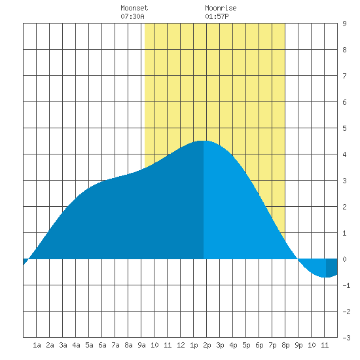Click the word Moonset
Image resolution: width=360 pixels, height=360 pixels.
point(134,9)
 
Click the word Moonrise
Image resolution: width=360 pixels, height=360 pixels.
point(221,9)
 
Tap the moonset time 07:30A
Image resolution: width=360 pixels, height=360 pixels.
point(132,16)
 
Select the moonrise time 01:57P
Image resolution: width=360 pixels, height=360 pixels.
point(217,16)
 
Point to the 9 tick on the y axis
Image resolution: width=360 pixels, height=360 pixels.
point(344,24)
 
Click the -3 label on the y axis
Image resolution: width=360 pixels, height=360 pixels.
point(346,338)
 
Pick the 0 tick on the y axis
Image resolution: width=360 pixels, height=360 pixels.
point(344,259)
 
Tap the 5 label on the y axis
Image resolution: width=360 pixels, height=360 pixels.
point(344,128)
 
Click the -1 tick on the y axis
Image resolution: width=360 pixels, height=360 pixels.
point(346,285)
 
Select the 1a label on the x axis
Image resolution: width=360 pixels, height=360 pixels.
point(37,345)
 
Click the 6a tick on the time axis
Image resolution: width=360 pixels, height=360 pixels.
point(102,345)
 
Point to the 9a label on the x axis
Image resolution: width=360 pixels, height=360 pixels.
point(141,345)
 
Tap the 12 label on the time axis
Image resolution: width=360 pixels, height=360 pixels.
point(181,345)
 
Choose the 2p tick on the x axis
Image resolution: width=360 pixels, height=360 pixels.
point(207,345)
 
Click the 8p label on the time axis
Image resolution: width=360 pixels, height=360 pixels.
point(285,345)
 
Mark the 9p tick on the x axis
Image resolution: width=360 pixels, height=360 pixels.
point(298,345)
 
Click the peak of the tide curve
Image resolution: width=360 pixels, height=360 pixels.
point(203,141)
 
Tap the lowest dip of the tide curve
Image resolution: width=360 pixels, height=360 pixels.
point(325,277)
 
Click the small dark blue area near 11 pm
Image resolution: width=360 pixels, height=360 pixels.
point(332,268)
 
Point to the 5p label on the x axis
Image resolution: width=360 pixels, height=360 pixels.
point(246,345)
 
